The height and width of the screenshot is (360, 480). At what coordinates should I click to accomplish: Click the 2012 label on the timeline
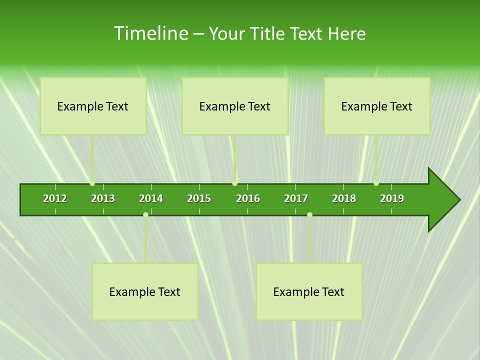[x=55, y=198]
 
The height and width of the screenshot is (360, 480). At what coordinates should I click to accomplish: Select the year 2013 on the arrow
[x=103, y=198]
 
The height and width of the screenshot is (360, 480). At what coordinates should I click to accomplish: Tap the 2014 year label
[x=151, y=198]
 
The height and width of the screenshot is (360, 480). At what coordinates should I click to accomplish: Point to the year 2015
[x=199, y=198]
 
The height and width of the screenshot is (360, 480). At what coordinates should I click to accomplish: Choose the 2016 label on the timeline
[x=248, y=198]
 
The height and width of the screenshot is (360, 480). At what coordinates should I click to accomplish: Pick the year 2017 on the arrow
[x=296, y=198]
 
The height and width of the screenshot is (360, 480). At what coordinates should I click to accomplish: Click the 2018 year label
[x=344, y=198]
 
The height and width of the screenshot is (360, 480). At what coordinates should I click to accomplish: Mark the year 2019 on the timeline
[x=392, y=198]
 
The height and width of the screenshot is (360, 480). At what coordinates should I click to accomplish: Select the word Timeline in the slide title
[x=150, y=33]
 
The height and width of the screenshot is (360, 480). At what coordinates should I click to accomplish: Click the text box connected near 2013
[x=93, y=106]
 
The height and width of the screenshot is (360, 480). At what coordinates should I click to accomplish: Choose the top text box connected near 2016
[x=235, y=106]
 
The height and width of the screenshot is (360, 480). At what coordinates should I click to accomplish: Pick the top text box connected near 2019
[x=377, y=106]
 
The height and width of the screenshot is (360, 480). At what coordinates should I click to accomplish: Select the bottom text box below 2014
[x=145, y=291]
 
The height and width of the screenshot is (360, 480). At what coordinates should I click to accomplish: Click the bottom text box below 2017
[x=309, y=291]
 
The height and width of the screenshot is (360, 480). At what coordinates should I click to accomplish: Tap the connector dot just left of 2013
[x=92, y=183]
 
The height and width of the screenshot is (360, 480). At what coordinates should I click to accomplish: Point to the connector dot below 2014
[x=145, y=215]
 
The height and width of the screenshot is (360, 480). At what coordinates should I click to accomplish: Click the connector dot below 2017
[x=309, y=215]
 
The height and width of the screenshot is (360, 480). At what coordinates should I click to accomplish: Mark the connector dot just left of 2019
[x=376, y=183]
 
